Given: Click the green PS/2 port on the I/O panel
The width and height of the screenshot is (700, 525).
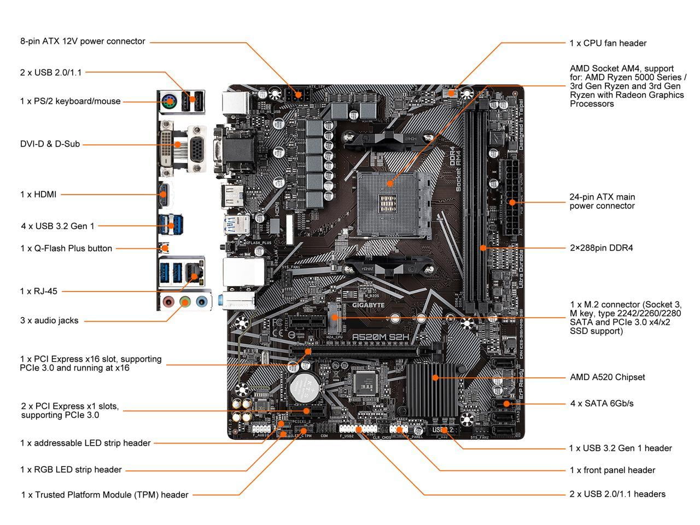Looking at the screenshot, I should (170, 102).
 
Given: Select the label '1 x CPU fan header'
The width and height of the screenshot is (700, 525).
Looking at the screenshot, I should (608, 43).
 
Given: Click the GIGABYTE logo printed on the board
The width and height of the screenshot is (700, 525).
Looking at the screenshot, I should (367, 305).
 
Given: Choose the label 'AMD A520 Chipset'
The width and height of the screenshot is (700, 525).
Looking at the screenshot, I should (607, 377).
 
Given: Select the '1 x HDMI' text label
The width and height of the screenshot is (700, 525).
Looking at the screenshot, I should (38, 194).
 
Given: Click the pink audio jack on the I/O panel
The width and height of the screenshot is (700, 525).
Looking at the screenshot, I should (170, 301).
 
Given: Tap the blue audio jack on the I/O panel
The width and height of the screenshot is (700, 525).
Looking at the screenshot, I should (202, 301).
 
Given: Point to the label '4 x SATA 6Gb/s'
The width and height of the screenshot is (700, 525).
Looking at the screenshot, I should (602, 404).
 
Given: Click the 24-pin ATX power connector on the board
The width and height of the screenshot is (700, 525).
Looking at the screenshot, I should (512, 200).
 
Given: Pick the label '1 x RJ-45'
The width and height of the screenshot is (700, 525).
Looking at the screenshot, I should (38, 291).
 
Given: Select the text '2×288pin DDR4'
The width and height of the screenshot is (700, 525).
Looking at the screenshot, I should (601, 248).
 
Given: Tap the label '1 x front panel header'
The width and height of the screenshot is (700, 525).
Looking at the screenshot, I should (612, 470).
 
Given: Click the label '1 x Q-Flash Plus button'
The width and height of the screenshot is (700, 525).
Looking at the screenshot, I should (66, 248).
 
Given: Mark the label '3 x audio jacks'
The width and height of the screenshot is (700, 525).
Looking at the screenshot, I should (49, 320).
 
